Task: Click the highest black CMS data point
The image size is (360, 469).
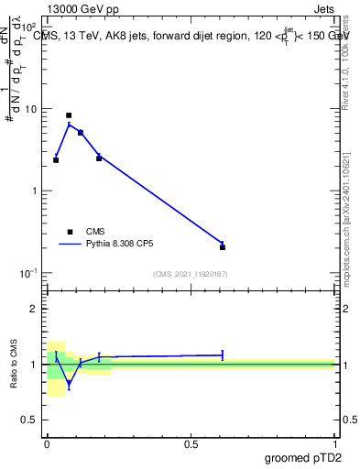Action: point(69,115)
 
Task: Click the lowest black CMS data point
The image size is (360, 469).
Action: point(223,246)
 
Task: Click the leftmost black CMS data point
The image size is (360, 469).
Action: point(56,160)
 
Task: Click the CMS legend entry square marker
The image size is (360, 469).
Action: point(69,232)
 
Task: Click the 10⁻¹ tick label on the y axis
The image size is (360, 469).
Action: point(30,273)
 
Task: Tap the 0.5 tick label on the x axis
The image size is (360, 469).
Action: point(191,444)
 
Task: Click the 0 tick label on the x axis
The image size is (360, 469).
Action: point(47,444)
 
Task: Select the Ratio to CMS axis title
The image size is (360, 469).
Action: point(15,364)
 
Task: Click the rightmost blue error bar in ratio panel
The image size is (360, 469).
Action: point(223,354)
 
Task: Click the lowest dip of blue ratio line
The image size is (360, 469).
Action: point(69,385)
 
